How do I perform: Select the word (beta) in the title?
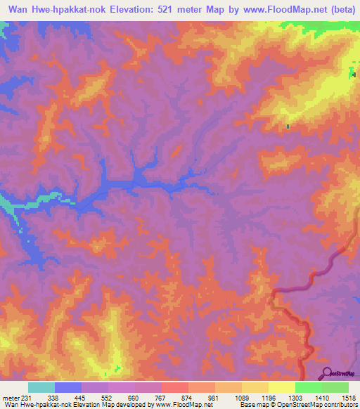[x=338, y=11]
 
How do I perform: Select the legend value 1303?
[x=295, y=398]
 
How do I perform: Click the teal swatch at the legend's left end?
[x=41, y=387]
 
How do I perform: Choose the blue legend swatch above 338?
[x=68, y=387]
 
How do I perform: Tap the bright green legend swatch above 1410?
[x=308, y=387]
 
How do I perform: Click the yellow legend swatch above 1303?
[x=282, y=387]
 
